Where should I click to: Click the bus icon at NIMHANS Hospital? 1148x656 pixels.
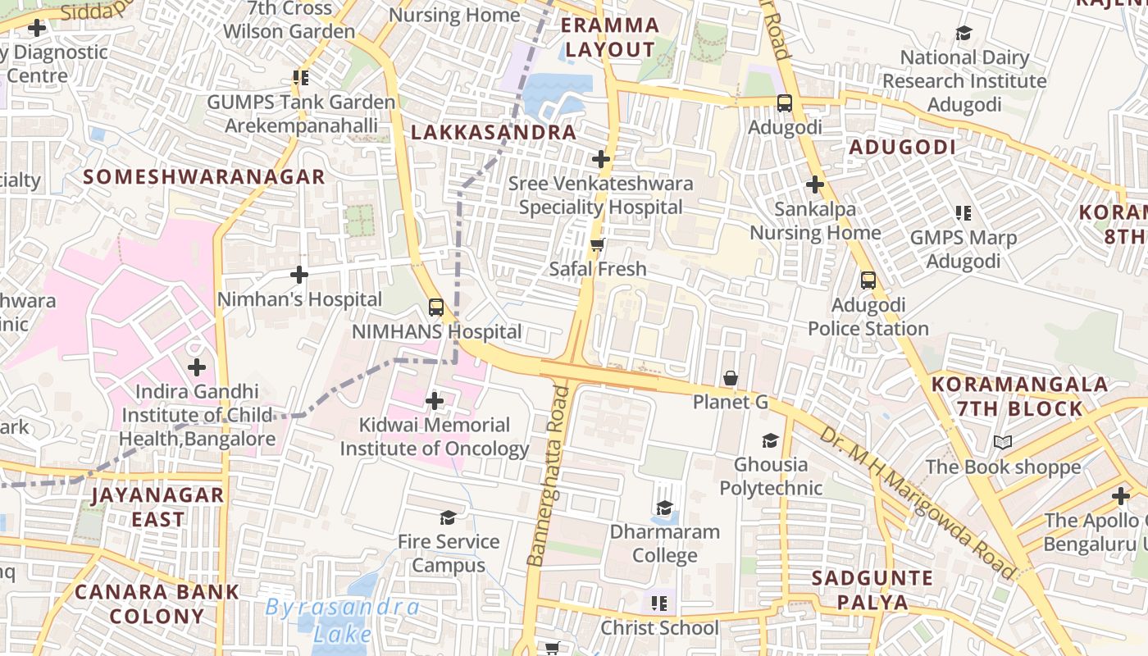[435, 307]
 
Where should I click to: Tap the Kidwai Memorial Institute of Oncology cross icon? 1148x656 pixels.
[435, 401]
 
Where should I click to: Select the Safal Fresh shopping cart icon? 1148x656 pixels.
[598, 244]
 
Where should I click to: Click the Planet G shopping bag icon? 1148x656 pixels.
[730, 378]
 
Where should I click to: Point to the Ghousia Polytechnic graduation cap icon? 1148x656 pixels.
[769, 441]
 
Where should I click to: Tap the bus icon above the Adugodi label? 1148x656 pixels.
[785, 103]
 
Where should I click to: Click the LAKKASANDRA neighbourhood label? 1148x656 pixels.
[494, 132]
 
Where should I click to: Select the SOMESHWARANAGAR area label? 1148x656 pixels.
[204, 176]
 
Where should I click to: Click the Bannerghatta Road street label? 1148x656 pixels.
[548, 476]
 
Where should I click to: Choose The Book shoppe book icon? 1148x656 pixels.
[1002, 443]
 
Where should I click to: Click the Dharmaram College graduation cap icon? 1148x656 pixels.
[664, 508]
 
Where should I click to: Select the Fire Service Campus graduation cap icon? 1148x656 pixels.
[448, 517]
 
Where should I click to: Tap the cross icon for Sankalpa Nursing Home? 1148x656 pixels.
[814, 184]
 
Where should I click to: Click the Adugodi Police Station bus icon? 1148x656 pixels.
[868, 280]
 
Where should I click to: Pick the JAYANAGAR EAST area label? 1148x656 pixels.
[157, 507]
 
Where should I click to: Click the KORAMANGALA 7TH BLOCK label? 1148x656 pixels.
[1019, 396]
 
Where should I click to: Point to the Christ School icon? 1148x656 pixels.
[658, 604]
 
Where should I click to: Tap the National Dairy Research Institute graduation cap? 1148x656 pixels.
[963, 34]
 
